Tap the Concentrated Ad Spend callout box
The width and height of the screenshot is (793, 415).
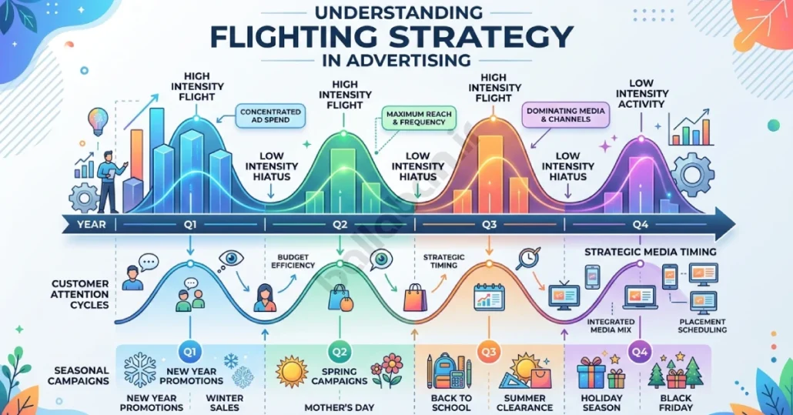tap(270, 115)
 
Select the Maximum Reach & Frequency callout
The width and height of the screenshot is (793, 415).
tap(419, 119)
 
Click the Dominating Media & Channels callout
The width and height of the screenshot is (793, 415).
tap(565, 115)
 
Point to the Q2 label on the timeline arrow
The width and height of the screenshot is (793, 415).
tap(340, 225)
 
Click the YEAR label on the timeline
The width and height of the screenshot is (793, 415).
tap(92, 224)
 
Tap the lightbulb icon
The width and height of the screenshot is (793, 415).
tap(98, 121)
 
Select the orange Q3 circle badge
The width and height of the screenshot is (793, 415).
tap(489, 353)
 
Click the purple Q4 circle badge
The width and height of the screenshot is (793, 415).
tap(640, 353)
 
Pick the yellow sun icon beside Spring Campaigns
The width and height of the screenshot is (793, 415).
tap(292, 372)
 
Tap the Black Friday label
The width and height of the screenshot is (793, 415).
tap(676, 403)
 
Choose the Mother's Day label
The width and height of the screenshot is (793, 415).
tap(340, 407)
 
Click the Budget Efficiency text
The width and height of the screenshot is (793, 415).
tap(293, 261)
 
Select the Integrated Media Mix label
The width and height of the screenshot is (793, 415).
tap(611, 326)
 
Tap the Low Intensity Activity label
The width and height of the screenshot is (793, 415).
tap(642, 93)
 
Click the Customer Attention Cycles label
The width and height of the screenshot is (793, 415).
tap(80, 294)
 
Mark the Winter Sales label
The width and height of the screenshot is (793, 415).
tap(225, 403)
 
